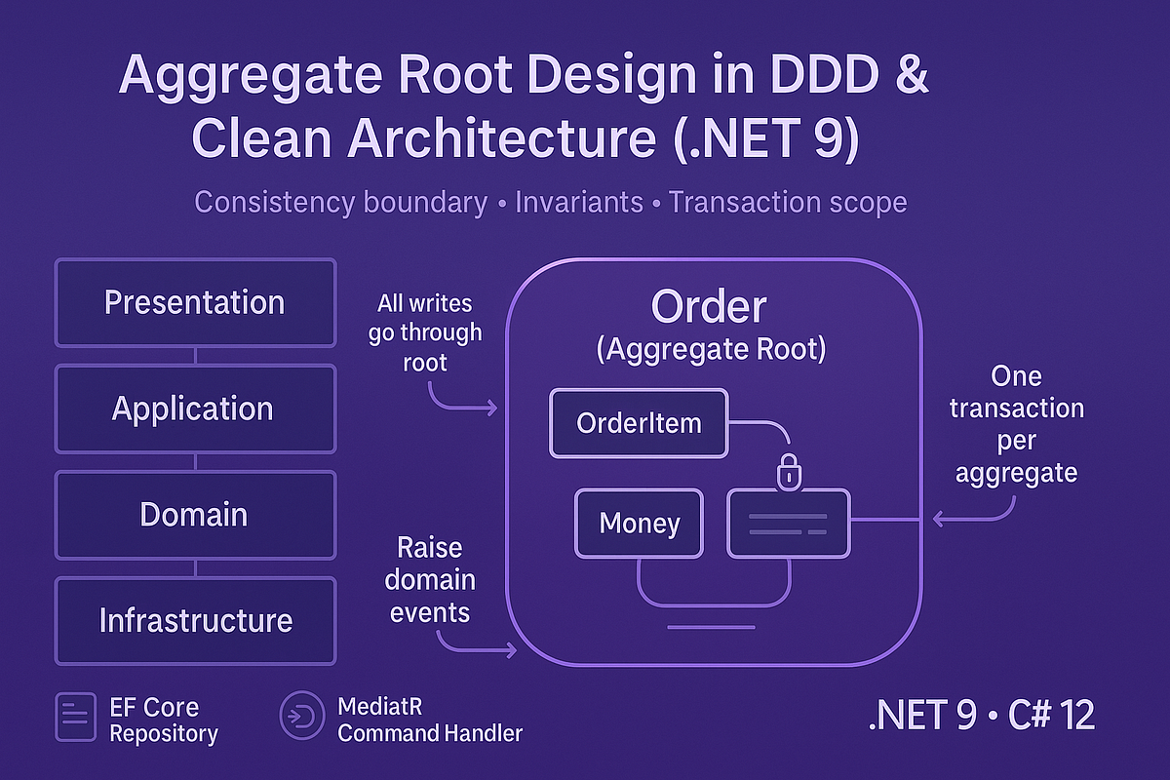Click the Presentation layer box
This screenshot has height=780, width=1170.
point(195,302)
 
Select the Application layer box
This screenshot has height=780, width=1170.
point(195,409)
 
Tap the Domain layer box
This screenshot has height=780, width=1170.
point(195,515)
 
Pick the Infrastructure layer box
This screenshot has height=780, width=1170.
point(195,620)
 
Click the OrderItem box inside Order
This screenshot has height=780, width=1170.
point(639,423)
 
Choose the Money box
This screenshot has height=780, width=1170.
point(639,524)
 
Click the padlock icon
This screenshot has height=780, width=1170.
point(788,473)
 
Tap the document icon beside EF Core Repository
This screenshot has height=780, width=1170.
point(76,718)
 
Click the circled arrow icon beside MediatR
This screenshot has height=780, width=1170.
point(297,718)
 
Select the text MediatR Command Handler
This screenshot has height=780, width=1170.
point(429,719)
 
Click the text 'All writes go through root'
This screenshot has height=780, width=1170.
point(425,332)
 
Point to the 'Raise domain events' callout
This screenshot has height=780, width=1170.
point(430,579)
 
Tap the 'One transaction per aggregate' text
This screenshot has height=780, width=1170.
point(1016,424)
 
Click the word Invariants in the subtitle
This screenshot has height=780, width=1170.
point(578,203)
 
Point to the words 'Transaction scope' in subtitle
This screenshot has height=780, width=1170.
point(788,203)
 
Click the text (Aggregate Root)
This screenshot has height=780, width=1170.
point(711,350)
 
